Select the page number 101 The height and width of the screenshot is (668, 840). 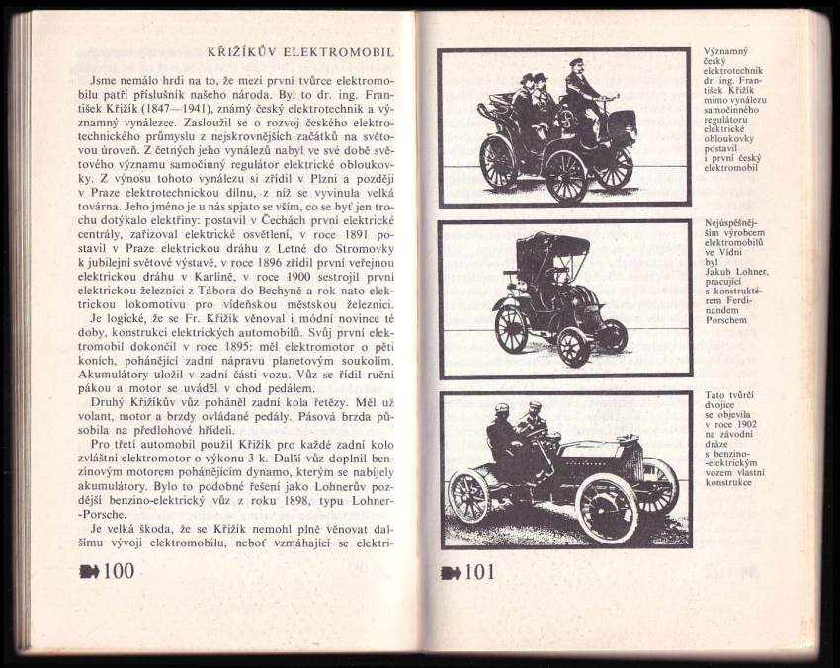point(478,571)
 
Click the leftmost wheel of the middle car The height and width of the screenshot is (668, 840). point(511,329)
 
